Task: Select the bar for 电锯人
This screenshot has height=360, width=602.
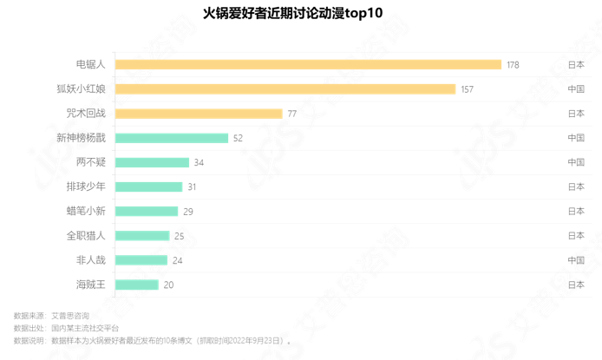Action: click(308, 64)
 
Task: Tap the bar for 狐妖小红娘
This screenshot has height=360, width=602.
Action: click(285, 88)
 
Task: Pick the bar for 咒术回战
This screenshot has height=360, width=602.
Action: click(199, 114)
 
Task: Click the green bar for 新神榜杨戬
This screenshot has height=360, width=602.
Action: click(171, 138)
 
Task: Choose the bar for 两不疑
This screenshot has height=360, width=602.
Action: click(152, 162)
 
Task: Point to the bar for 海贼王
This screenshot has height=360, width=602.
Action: click(136, 285)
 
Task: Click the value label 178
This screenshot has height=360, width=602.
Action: click(513, 65)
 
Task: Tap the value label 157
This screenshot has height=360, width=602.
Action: click(467, 89)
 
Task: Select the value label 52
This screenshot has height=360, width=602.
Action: click(238, 138)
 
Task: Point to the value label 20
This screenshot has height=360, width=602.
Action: click(168, 285)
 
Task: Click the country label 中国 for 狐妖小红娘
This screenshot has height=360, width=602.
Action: click(576, 89)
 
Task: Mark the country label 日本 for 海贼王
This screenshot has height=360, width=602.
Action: click(576, 285)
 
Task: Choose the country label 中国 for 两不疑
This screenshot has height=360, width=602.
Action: click(576, 162)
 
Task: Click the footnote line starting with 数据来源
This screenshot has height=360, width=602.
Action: click(51, 316)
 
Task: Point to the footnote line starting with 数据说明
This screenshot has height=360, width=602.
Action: click(153, 340)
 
